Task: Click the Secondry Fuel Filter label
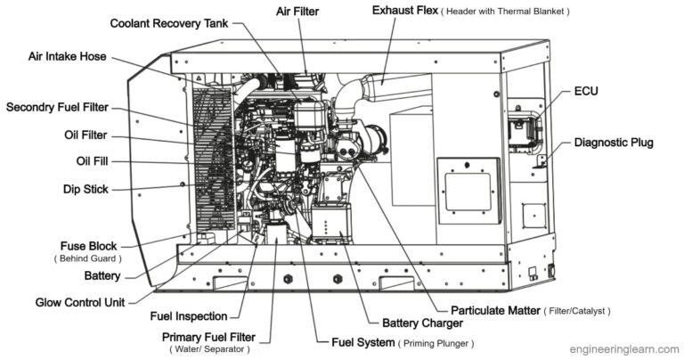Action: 57,107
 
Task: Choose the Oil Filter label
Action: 85,135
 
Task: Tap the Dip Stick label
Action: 85,189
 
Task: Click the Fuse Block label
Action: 88,245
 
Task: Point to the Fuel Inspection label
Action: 187,315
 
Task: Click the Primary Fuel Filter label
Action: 208,337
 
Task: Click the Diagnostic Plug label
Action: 615,142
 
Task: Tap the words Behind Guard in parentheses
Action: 88,258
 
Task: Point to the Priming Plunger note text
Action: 436,342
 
